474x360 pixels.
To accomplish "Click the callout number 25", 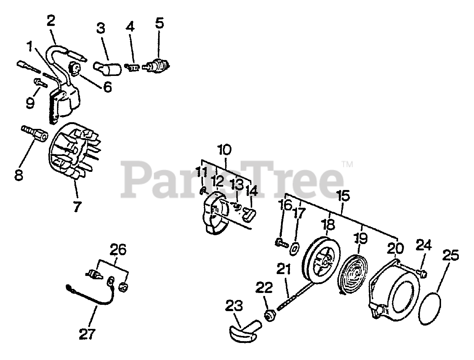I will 450,256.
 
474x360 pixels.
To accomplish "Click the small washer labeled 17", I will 295,247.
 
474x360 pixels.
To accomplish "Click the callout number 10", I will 225,150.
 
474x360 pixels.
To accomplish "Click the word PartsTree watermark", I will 233,178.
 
